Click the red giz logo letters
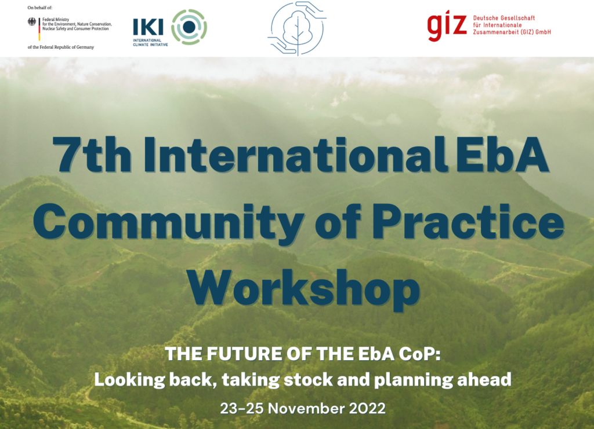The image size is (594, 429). (x=447, y=25)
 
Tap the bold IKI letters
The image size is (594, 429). (x=148, y=28)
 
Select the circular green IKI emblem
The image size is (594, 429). (x=189, y=27)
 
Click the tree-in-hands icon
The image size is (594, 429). (x=297, y=28)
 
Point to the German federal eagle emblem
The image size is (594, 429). (x=32, y=21)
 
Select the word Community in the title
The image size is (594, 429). (x=169, y=223)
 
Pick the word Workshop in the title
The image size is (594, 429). (x=304, y=289)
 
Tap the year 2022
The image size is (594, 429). (x=367, y=409)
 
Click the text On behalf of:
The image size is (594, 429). (x=40, y=8)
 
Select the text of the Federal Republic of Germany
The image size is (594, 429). (x=60, y=47)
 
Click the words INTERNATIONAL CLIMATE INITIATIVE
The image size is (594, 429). (x=150, y=42)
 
